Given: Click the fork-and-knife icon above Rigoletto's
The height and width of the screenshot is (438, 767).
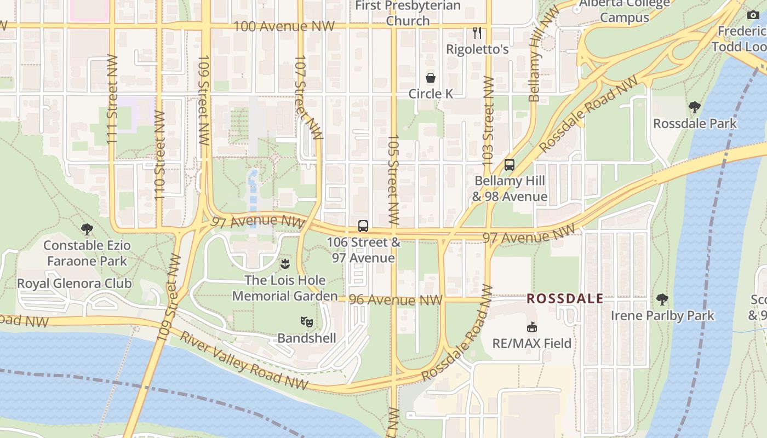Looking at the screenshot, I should tap(477, 33).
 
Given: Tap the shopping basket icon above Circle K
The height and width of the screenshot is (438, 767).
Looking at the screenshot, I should tap(431, 78).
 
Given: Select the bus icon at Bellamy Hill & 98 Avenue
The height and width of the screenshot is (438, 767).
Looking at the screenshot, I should tap(510, 164).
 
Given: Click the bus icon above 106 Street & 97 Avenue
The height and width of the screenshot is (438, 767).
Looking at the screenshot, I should tap(363, 226).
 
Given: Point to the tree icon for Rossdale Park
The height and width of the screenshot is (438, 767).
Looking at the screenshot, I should tap(695, 107).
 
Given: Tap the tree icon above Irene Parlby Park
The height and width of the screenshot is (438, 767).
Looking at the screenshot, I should tap(662, 299).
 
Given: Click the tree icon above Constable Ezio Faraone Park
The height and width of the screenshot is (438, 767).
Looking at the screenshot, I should tap(87, 229).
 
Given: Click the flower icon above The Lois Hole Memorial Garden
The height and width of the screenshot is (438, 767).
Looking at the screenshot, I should tap(284, 264).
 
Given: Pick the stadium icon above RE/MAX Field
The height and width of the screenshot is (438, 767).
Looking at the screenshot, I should tap(531, 327).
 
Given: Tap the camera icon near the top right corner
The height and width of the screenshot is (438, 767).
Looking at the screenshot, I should tap(753, 15).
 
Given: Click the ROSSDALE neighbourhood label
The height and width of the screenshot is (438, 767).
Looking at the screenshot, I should tap(565, 299).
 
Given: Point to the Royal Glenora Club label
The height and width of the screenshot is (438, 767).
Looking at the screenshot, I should tap(75, 283).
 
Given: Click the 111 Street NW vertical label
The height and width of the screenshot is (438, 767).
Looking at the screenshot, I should tap(112, 100).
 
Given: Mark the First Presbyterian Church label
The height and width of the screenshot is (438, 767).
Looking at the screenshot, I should tap(408, 13).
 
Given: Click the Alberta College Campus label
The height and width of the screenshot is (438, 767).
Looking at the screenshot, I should tap(625, 10).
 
